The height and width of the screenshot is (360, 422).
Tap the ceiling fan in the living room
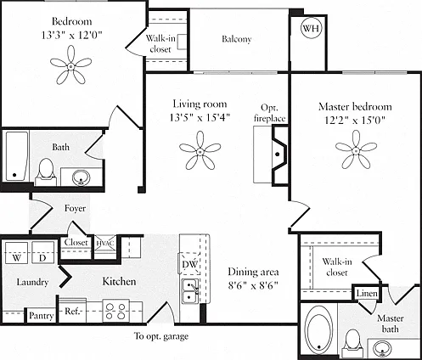click(200, 151)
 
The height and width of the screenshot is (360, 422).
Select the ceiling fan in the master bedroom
click(356, 150)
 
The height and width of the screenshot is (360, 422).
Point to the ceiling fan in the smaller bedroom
click(70, 65)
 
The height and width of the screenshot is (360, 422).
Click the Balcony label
click(237, 39)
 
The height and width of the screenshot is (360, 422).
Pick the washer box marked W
click(17, 253)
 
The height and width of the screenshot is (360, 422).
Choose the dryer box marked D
click(42, 253)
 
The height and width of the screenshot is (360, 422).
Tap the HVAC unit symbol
click(104, 243)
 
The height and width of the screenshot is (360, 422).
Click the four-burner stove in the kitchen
click(115, 311)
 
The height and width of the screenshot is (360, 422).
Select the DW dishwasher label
click(189, 264)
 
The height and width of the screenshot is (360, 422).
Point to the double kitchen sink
click(190, 290)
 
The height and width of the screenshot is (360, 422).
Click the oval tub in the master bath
click(318, 329)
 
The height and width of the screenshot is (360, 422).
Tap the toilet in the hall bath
click(46, 172)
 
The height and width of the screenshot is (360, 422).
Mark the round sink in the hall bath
click(82, 177)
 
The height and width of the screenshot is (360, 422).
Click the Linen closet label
click(367, 293)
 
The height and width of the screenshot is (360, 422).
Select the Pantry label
click(42, 316)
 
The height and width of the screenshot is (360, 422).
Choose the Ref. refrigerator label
click(72, 312)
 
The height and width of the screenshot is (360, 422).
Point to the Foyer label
click(75, 209)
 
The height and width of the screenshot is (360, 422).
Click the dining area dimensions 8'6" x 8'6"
click(253, 285)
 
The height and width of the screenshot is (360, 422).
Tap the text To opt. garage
click(161, 336)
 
